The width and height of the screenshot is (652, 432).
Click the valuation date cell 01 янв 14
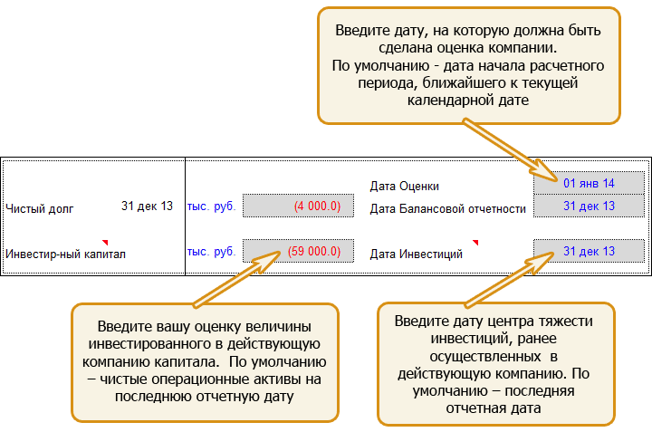589,183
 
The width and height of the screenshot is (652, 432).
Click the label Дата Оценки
404,186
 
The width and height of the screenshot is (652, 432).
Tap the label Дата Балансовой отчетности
448,208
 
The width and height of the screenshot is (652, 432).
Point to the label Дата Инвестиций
417,254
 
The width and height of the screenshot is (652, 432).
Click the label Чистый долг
40,208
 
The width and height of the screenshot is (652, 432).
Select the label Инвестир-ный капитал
66,254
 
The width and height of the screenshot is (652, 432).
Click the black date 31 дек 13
147,206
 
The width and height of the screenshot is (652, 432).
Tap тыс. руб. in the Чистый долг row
211,206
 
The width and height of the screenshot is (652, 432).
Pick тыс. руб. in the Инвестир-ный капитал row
211,251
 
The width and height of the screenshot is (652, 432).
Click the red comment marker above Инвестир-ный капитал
106,242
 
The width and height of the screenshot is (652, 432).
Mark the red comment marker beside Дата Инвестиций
475,242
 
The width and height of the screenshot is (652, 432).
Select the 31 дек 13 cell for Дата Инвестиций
589,251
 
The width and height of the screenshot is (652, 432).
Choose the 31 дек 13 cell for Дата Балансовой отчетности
589,206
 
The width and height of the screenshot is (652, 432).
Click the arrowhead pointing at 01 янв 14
544,172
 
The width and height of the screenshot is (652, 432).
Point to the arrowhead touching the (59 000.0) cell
267,261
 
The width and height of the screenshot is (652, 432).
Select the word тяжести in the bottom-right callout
566,321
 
